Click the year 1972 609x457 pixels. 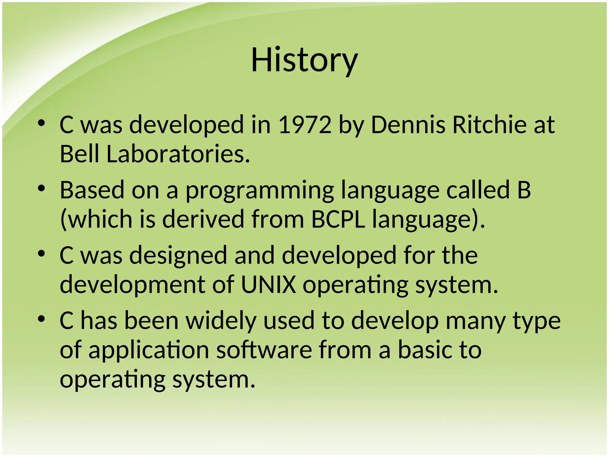[305, 125]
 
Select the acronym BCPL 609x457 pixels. [338, 219]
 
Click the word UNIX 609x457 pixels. [268, 285]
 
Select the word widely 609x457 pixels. [221, 321]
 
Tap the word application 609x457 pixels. [149, 350]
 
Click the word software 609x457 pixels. [264, 350]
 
